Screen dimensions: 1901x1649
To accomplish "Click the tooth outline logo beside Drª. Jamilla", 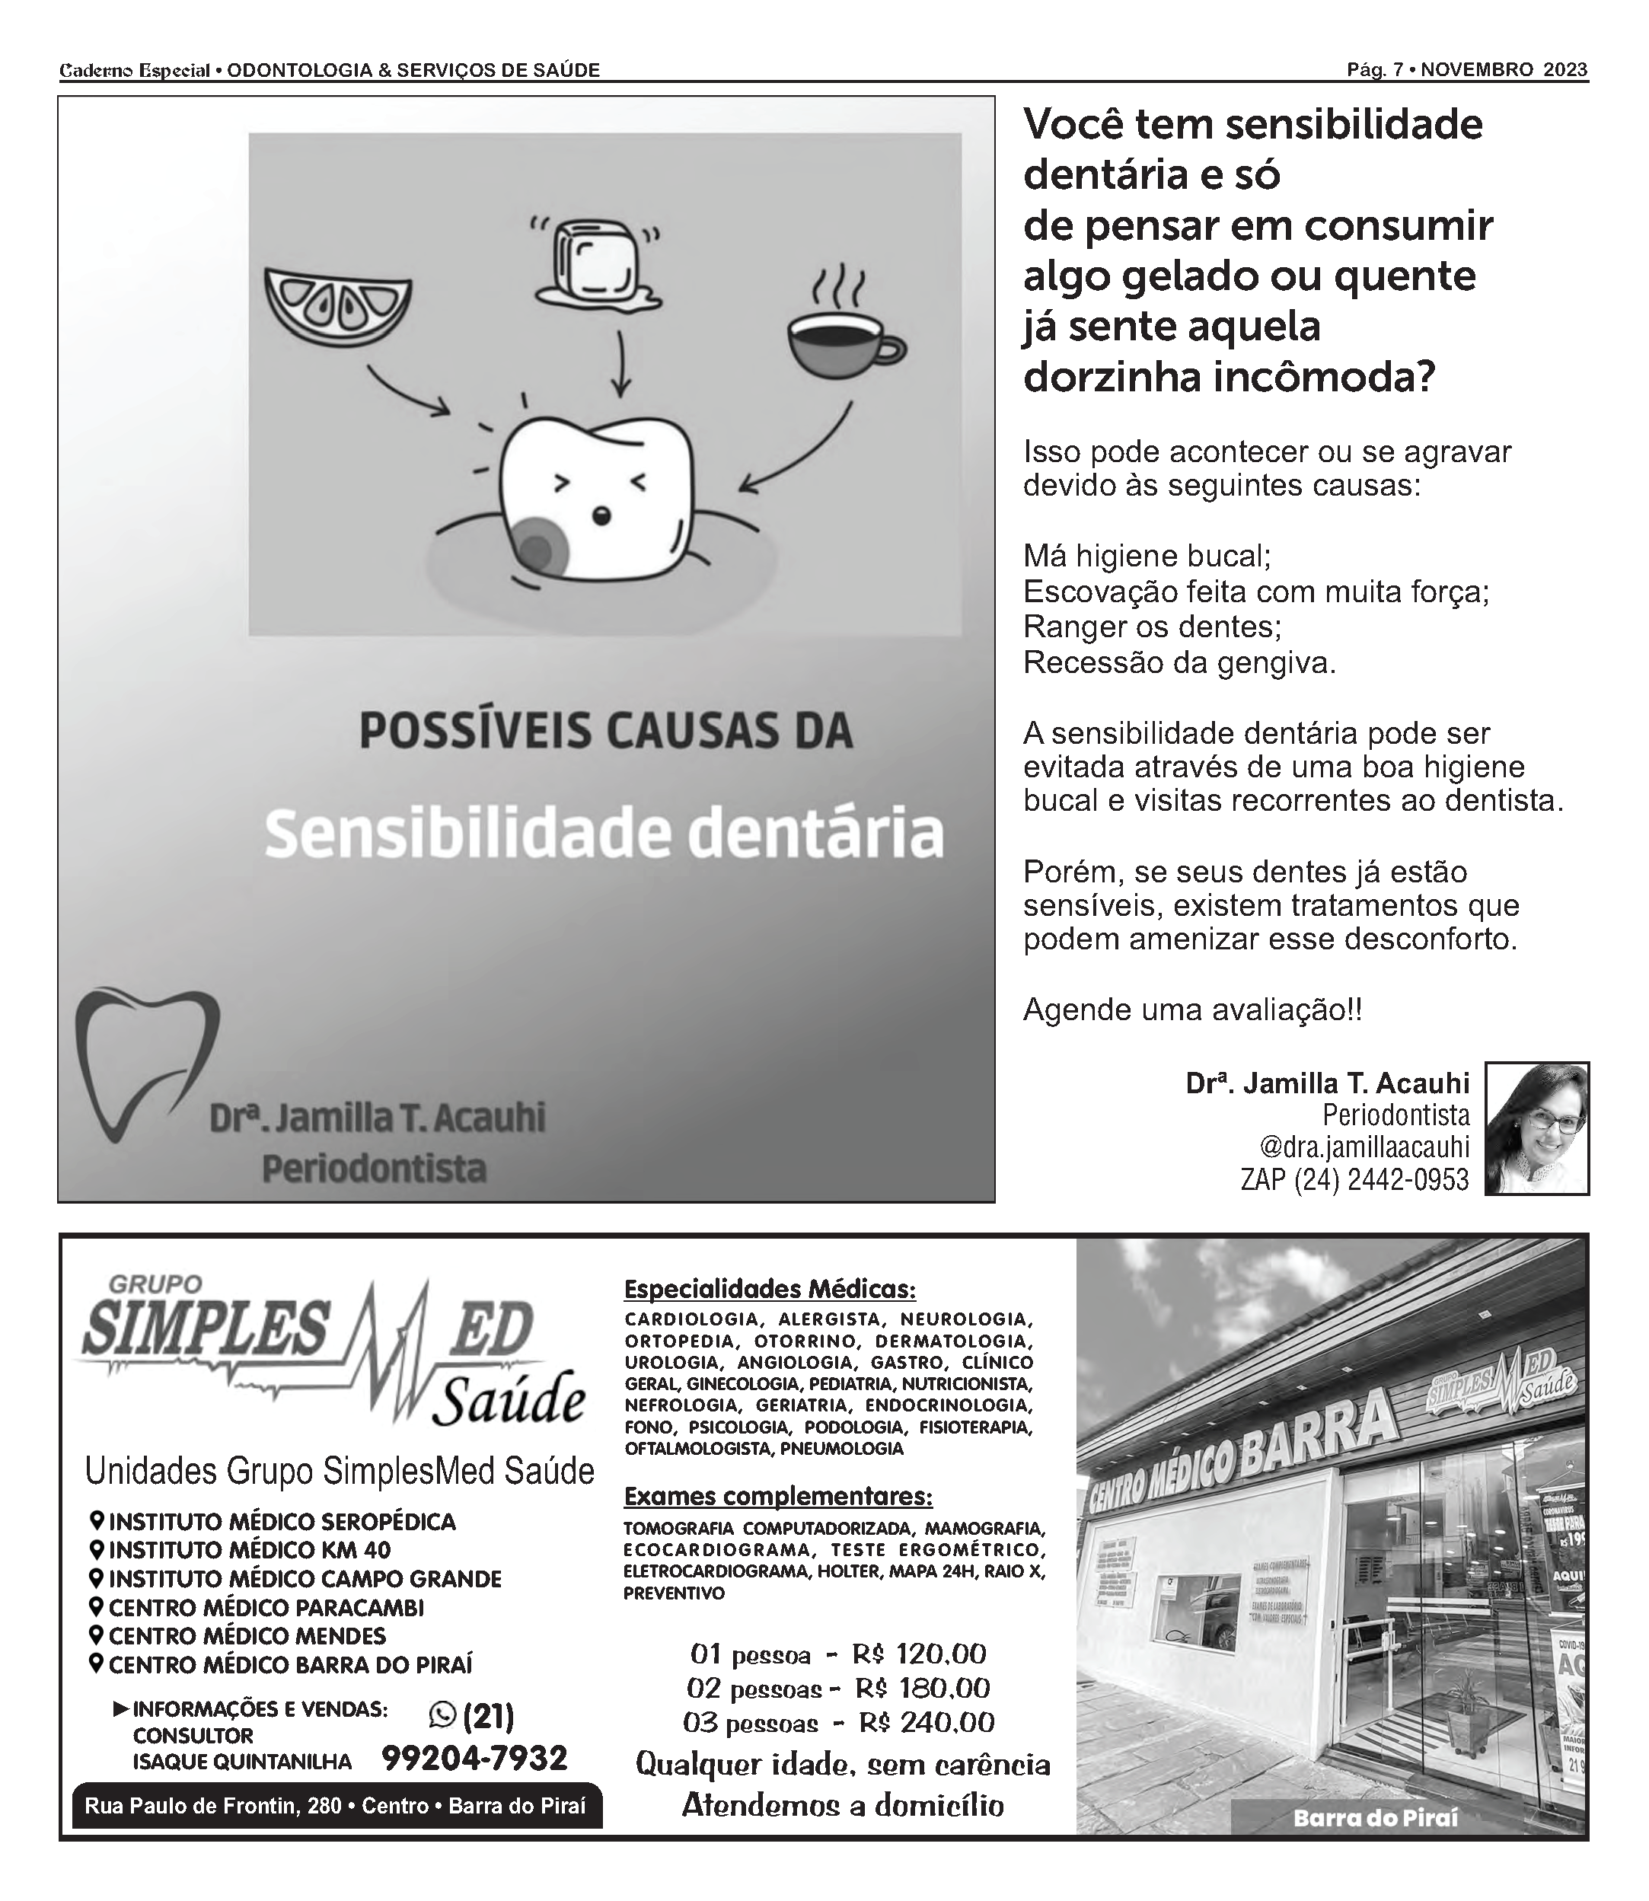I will [145, 1064].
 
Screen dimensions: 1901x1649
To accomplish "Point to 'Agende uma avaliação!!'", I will [1191, 1010].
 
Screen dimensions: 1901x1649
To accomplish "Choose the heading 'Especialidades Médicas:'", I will [769, 1288].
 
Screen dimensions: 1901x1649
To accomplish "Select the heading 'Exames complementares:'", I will [777, 1496].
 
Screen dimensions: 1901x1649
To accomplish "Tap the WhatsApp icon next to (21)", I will [442, 1714].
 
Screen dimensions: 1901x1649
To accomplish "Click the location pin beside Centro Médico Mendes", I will [96, 1635].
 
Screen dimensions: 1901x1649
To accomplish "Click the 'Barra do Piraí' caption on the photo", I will [1375, 1818].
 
